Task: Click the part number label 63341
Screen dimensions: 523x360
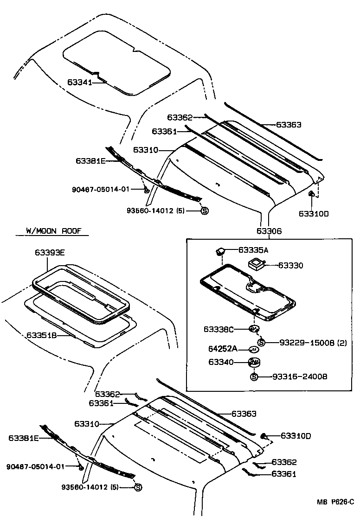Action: [79, 82]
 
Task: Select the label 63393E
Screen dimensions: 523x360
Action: [50, 252]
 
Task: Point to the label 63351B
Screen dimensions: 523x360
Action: [41, 335]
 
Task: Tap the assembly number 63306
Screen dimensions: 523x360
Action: [269, 231]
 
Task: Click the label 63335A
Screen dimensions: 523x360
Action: [253, 250]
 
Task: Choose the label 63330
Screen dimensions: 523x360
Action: [290, 265]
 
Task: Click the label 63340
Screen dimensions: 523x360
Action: [221, 362]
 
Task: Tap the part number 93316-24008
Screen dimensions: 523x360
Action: [299, 376]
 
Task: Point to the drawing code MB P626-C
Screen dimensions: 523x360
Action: [335, 502]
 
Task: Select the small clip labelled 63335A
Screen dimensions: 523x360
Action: [220, 251]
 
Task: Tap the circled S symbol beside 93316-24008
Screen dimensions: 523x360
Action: [254, 376]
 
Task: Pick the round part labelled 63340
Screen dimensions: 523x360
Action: [254, 362]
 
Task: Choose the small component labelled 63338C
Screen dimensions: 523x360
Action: [253, 329]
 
